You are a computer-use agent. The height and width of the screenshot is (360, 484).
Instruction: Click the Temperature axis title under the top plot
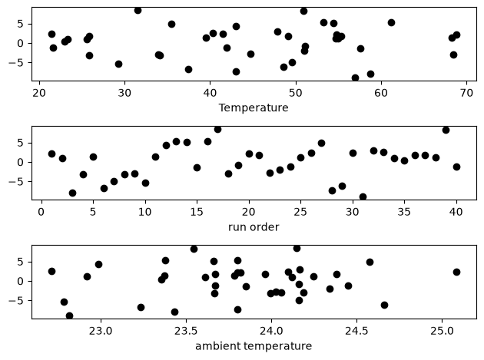(x=254, y=107)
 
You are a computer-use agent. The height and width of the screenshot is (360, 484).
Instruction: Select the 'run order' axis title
(x=254, y=227)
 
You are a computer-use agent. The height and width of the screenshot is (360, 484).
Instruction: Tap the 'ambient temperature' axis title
(x=254, y=346)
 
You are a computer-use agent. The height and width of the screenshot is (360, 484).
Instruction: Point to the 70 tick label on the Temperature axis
(x=466, y=93)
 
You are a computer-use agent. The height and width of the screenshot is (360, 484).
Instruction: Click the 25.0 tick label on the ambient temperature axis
(x=442, y=331)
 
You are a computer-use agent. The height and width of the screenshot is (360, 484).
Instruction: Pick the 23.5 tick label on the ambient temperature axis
(x=186, y=331)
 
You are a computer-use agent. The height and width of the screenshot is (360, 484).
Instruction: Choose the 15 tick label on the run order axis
(x=197, y=212)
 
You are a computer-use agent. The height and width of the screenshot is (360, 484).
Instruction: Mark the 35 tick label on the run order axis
(x=404, y=212)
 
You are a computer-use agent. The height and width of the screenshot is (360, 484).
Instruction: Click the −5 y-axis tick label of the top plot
(x=16, y=63)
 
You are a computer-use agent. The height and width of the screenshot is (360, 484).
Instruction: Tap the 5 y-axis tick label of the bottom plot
(x=21, y=263)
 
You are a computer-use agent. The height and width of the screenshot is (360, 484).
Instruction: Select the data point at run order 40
(x=456, y=167)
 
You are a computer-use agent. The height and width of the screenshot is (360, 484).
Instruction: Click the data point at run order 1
(x=52, y=154)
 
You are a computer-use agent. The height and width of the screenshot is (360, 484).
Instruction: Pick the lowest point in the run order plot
(x=363, y=197)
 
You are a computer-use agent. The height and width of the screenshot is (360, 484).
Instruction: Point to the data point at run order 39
(x=446, y=130)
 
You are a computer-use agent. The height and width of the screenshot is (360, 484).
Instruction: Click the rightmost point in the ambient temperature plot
(x=456, y=272)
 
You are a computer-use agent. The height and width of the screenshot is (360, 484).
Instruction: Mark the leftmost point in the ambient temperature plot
(x=52, y=272)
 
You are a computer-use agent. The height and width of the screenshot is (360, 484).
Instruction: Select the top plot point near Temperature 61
(x=391, y=22)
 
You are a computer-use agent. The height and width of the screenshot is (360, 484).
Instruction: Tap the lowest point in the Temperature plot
(x=355, y=78)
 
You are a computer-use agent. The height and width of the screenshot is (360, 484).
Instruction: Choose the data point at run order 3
(x=72, y=193)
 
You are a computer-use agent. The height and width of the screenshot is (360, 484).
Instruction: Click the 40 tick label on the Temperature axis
(x=210, y=93)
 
